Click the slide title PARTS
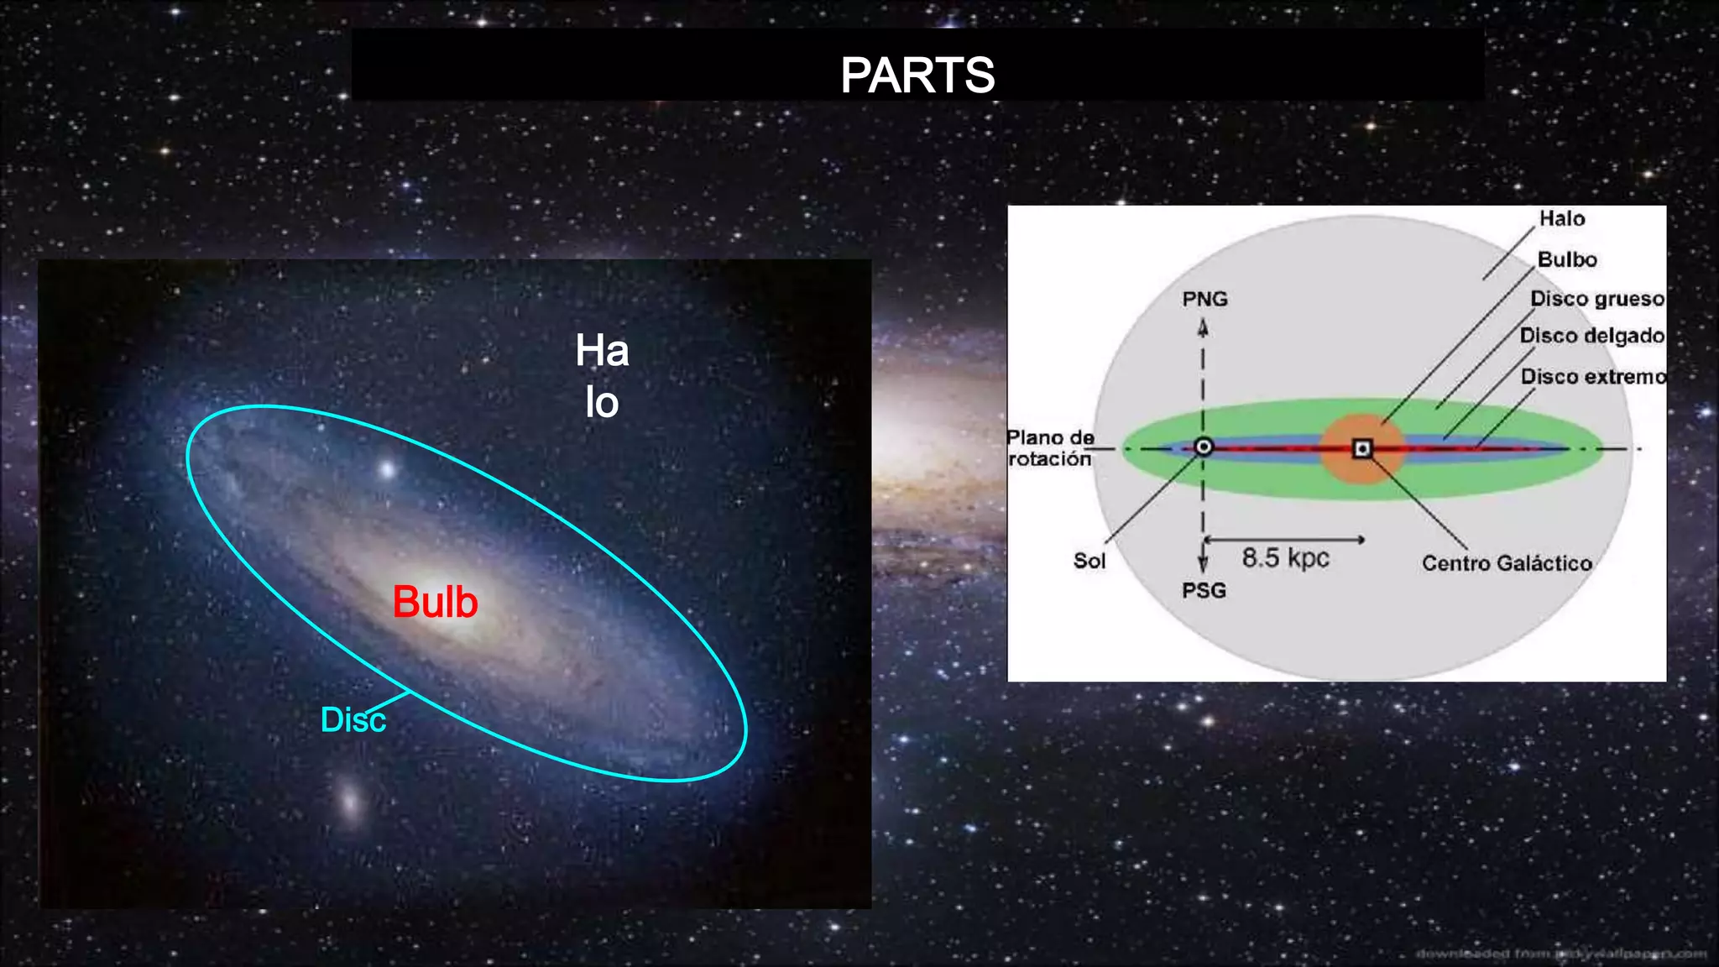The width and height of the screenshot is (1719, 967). pyautogui.click(x=917, y=76)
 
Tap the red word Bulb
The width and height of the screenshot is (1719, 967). pyautogui.click(x=435, y=602)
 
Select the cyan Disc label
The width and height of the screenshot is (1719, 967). pyautogui.click(x=353, y=720)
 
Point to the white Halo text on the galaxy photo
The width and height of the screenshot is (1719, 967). pyautogui.click(x=602, y=376)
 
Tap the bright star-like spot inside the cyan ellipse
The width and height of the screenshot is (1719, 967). pyautogui.click(x=387, y=469)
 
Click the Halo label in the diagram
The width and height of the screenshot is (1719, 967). pyautogui.click(x=1561, y=219)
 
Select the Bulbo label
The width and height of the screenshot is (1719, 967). pyautogui.click(x=1566, y=259)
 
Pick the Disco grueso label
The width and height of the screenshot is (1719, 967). pyautogui.click(x=1596, y=299)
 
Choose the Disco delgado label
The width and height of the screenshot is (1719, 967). pyautogui.click(x=1591, y=336)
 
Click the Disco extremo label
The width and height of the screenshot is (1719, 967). pyautogui.click(x=1593, y=377)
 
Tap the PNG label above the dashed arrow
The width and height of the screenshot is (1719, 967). pyautogui.click(x=1204, y=299)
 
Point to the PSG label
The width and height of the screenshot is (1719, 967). pyautogui.click(x=1204, y=591)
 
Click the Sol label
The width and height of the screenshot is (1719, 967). pyautogui.click(x=1089, y=561)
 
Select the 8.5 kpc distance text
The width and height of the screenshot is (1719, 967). pyautogui.click(x=1285, y=558)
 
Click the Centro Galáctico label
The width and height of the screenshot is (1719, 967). pyautogui.click(x=1507, y=563)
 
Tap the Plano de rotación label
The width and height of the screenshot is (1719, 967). pyautogui.click(x=1050, y=448)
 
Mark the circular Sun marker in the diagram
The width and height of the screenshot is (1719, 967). pyautogui.click(x=1203, y=447)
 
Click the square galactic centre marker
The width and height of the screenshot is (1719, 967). pyautogui.click(x=1362, y=449)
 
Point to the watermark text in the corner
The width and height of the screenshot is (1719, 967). pyautogui.click(x=1560, y=954)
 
